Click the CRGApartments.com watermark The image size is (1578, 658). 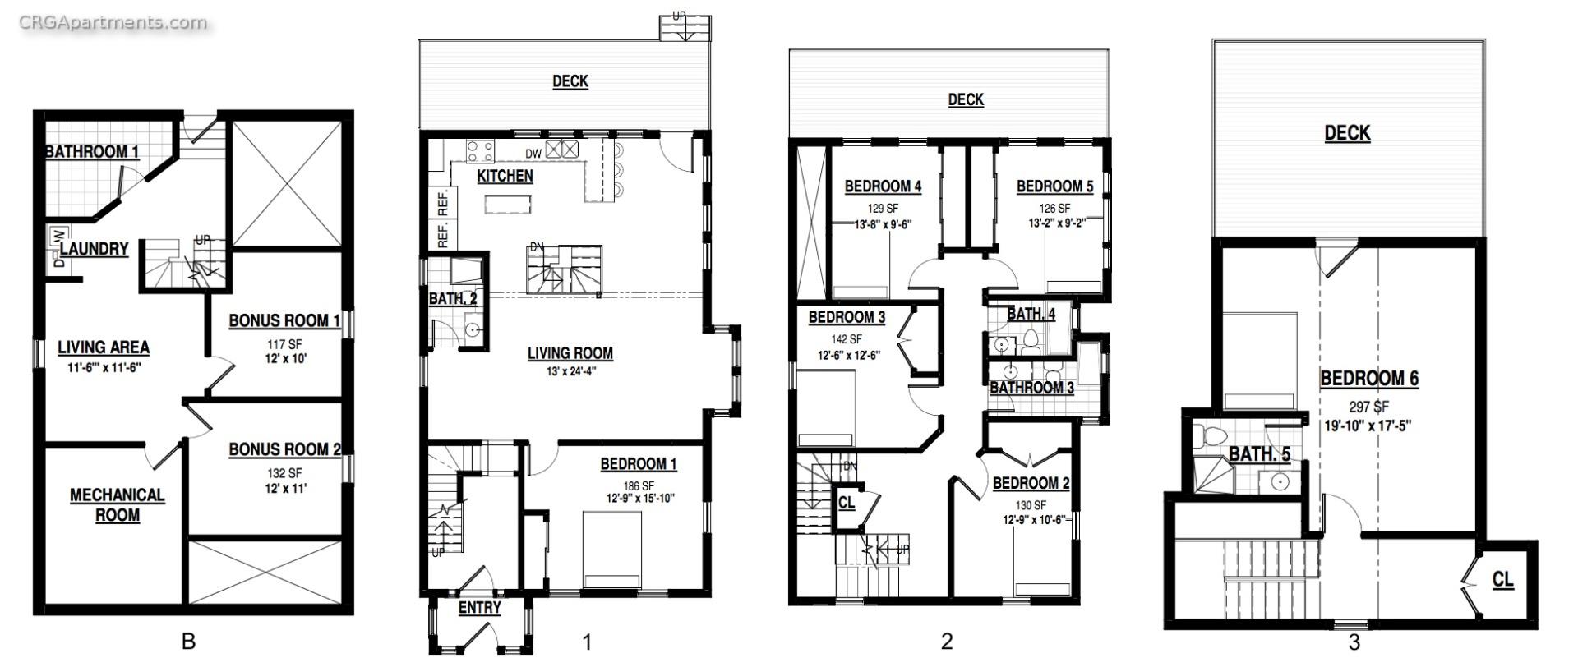(x=113, y=22)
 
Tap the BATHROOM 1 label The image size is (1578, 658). (x=91, y=152)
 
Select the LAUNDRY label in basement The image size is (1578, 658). (x=94, y=249)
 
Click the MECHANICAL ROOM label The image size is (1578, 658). (x=117, y=505)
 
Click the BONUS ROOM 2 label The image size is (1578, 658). (x=284, y=449)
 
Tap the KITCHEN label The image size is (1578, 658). (x=505, y=176)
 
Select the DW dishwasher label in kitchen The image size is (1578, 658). (x=533, y=153)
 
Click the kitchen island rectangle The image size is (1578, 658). (x=507, y=204)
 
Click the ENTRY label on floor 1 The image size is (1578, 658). (x=479, y=608)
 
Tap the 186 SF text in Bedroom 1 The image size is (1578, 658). (x=638, y=485)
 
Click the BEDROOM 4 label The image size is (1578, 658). (x=883, y=186)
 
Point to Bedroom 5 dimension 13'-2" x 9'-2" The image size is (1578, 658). (x=1056, y=223)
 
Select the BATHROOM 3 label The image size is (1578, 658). (x=1031, y=388)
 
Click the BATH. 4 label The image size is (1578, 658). (x=1031, y=314)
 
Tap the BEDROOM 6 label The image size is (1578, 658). (x=1368, y=379)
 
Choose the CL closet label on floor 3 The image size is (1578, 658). (x=1502, y=580)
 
